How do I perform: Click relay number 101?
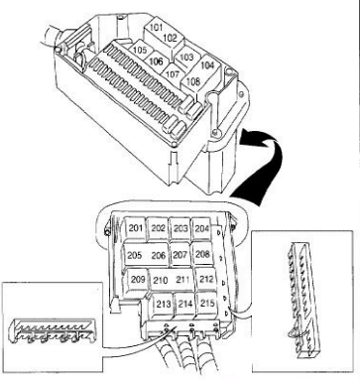coord(155,29)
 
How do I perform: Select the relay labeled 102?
coord(171,40)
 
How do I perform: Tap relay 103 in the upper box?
coord(185,58)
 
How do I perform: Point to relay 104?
coord(207,66)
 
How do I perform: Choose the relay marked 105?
coord(140,51)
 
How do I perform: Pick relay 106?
coord(156,62)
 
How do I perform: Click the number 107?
coord(173,73)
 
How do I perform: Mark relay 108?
coord(193,82)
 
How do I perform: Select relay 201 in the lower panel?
coord(136,228)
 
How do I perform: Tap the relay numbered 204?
coord(201,228)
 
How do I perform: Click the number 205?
coord(135,255)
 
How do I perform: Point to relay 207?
coord(180,255)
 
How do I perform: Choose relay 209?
coord(138,280)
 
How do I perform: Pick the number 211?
coord(182,280)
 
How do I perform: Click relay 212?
coord(206,280)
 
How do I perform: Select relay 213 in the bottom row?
coord(163,305)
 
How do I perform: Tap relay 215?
coord(207,304)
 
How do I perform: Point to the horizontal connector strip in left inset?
coord(53,330)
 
